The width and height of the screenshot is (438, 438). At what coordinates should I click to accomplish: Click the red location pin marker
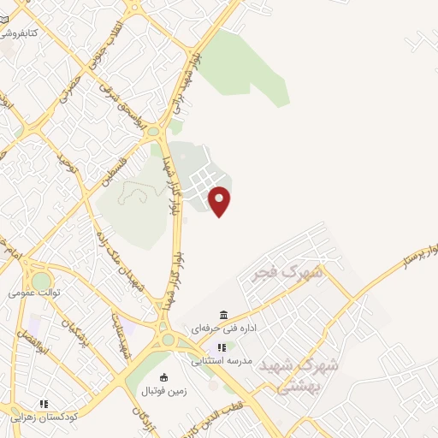pyautogui.click(x=220, y=200)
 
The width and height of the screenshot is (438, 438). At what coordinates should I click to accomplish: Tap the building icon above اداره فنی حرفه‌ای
pyautogui.click(x=223, y=314)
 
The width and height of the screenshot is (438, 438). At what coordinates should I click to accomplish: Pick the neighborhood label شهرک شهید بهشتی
pyautogui.click(x=308, y=375)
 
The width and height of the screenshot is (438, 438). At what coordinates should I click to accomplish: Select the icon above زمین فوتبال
pyautogui.click(x=165, y=376)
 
